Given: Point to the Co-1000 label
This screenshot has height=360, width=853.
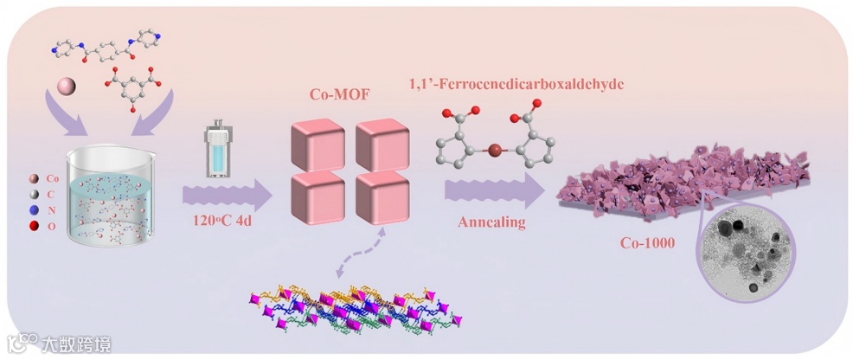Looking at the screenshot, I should pyautogui.click(x=646, y=242).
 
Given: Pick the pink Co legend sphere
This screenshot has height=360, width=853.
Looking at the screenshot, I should pyautogui.click(x=34, y=177).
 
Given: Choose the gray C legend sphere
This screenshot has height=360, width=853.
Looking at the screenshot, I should pyautogui.click(x=34, y=193).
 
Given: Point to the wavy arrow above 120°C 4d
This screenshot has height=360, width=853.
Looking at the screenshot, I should pyautogui.click(x=226, y=191).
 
